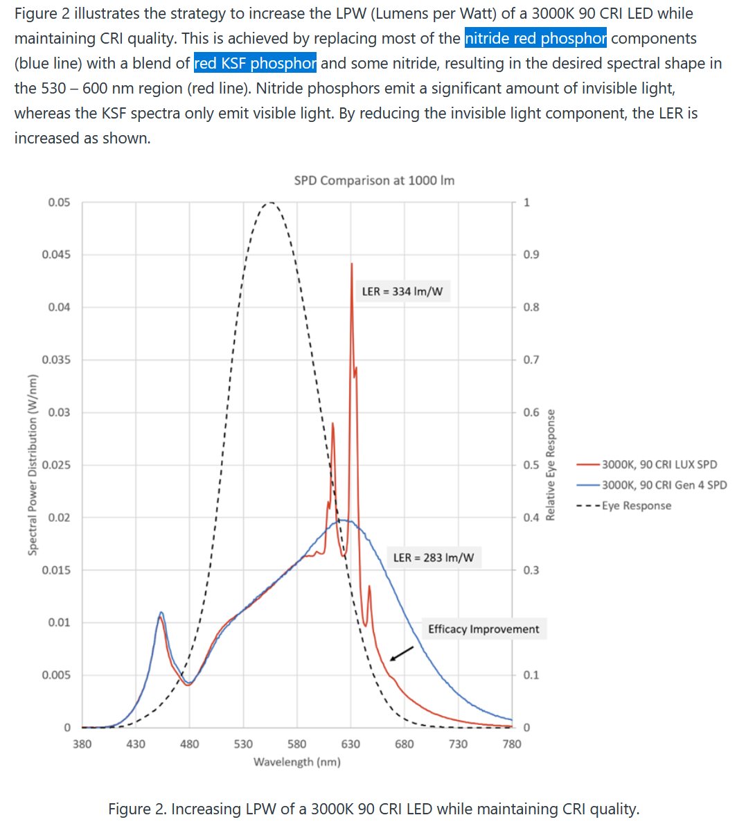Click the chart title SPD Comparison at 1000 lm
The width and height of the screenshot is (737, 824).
pyautogui.click(x=374, y=181)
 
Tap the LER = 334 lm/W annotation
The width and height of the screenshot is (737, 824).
pyautogui.click(x=402, y=292)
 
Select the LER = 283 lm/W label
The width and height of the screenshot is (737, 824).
pyautogui.click(x=434, y=557)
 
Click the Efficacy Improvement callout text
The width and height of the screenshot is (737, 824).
pyautogui.click(x=483, y=629)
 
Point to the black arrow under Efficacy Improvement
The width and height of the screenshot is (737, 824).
pyautogui.click(x=402, y=654)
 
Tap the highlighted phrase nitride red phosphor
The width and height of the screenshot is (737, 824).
pyautogui.click(x=535, y=38)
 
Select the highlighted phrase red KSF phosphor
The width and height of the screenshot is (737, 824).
pyautogui.click(x=255, y=64)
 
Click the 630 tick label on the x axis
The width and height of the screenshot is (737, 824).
pyautogui.click(x=350, y=744)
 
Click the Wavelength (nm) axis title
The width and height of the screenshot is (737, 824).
pyautogui.click(x=296, y=762)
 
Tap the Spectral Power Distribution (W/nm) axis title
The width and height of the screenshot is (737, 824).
pyautogui.click(x=32, y=464)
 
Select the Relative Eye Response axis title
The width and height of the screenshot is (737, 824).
pyautogui.click(x=551, y=464)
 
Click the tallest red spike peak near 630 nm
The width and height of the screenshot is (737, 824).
pyautogui.click(x=352, y=264)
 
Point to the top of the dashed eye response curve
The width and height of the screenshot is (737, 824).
pyautogui.click(x=269, y=202)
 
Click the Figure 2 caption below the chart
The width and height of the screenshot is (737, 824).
pyautogui.click(x=374, y=809)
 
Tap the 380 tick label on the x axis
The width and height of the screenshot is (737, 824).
pyautogui.click(x=82, y=744)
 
